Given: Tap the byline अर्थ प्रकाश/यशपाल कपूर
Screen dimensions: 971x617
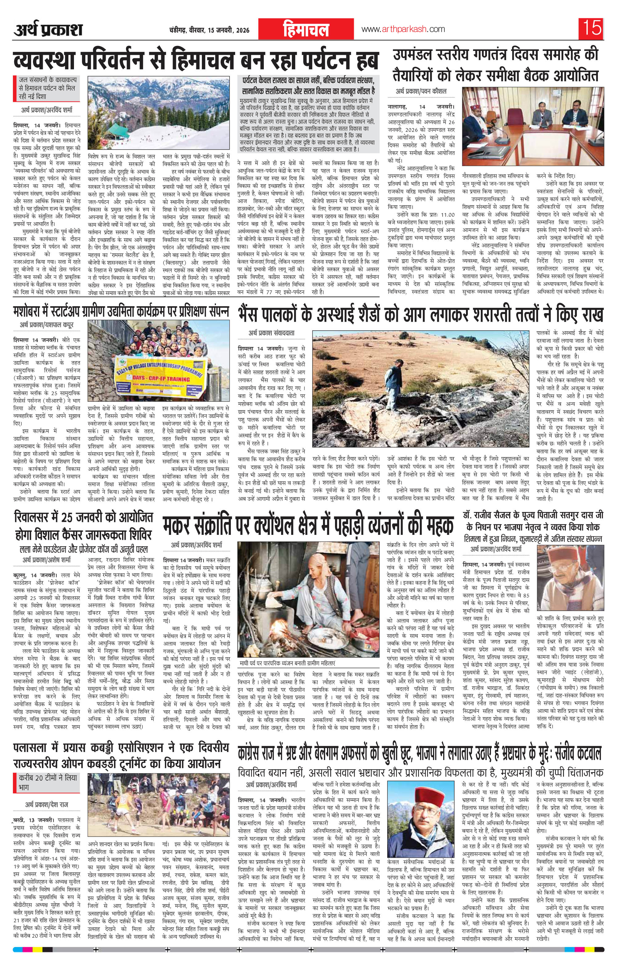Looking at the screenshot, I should pyautogui.click(x=47, y=324).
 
